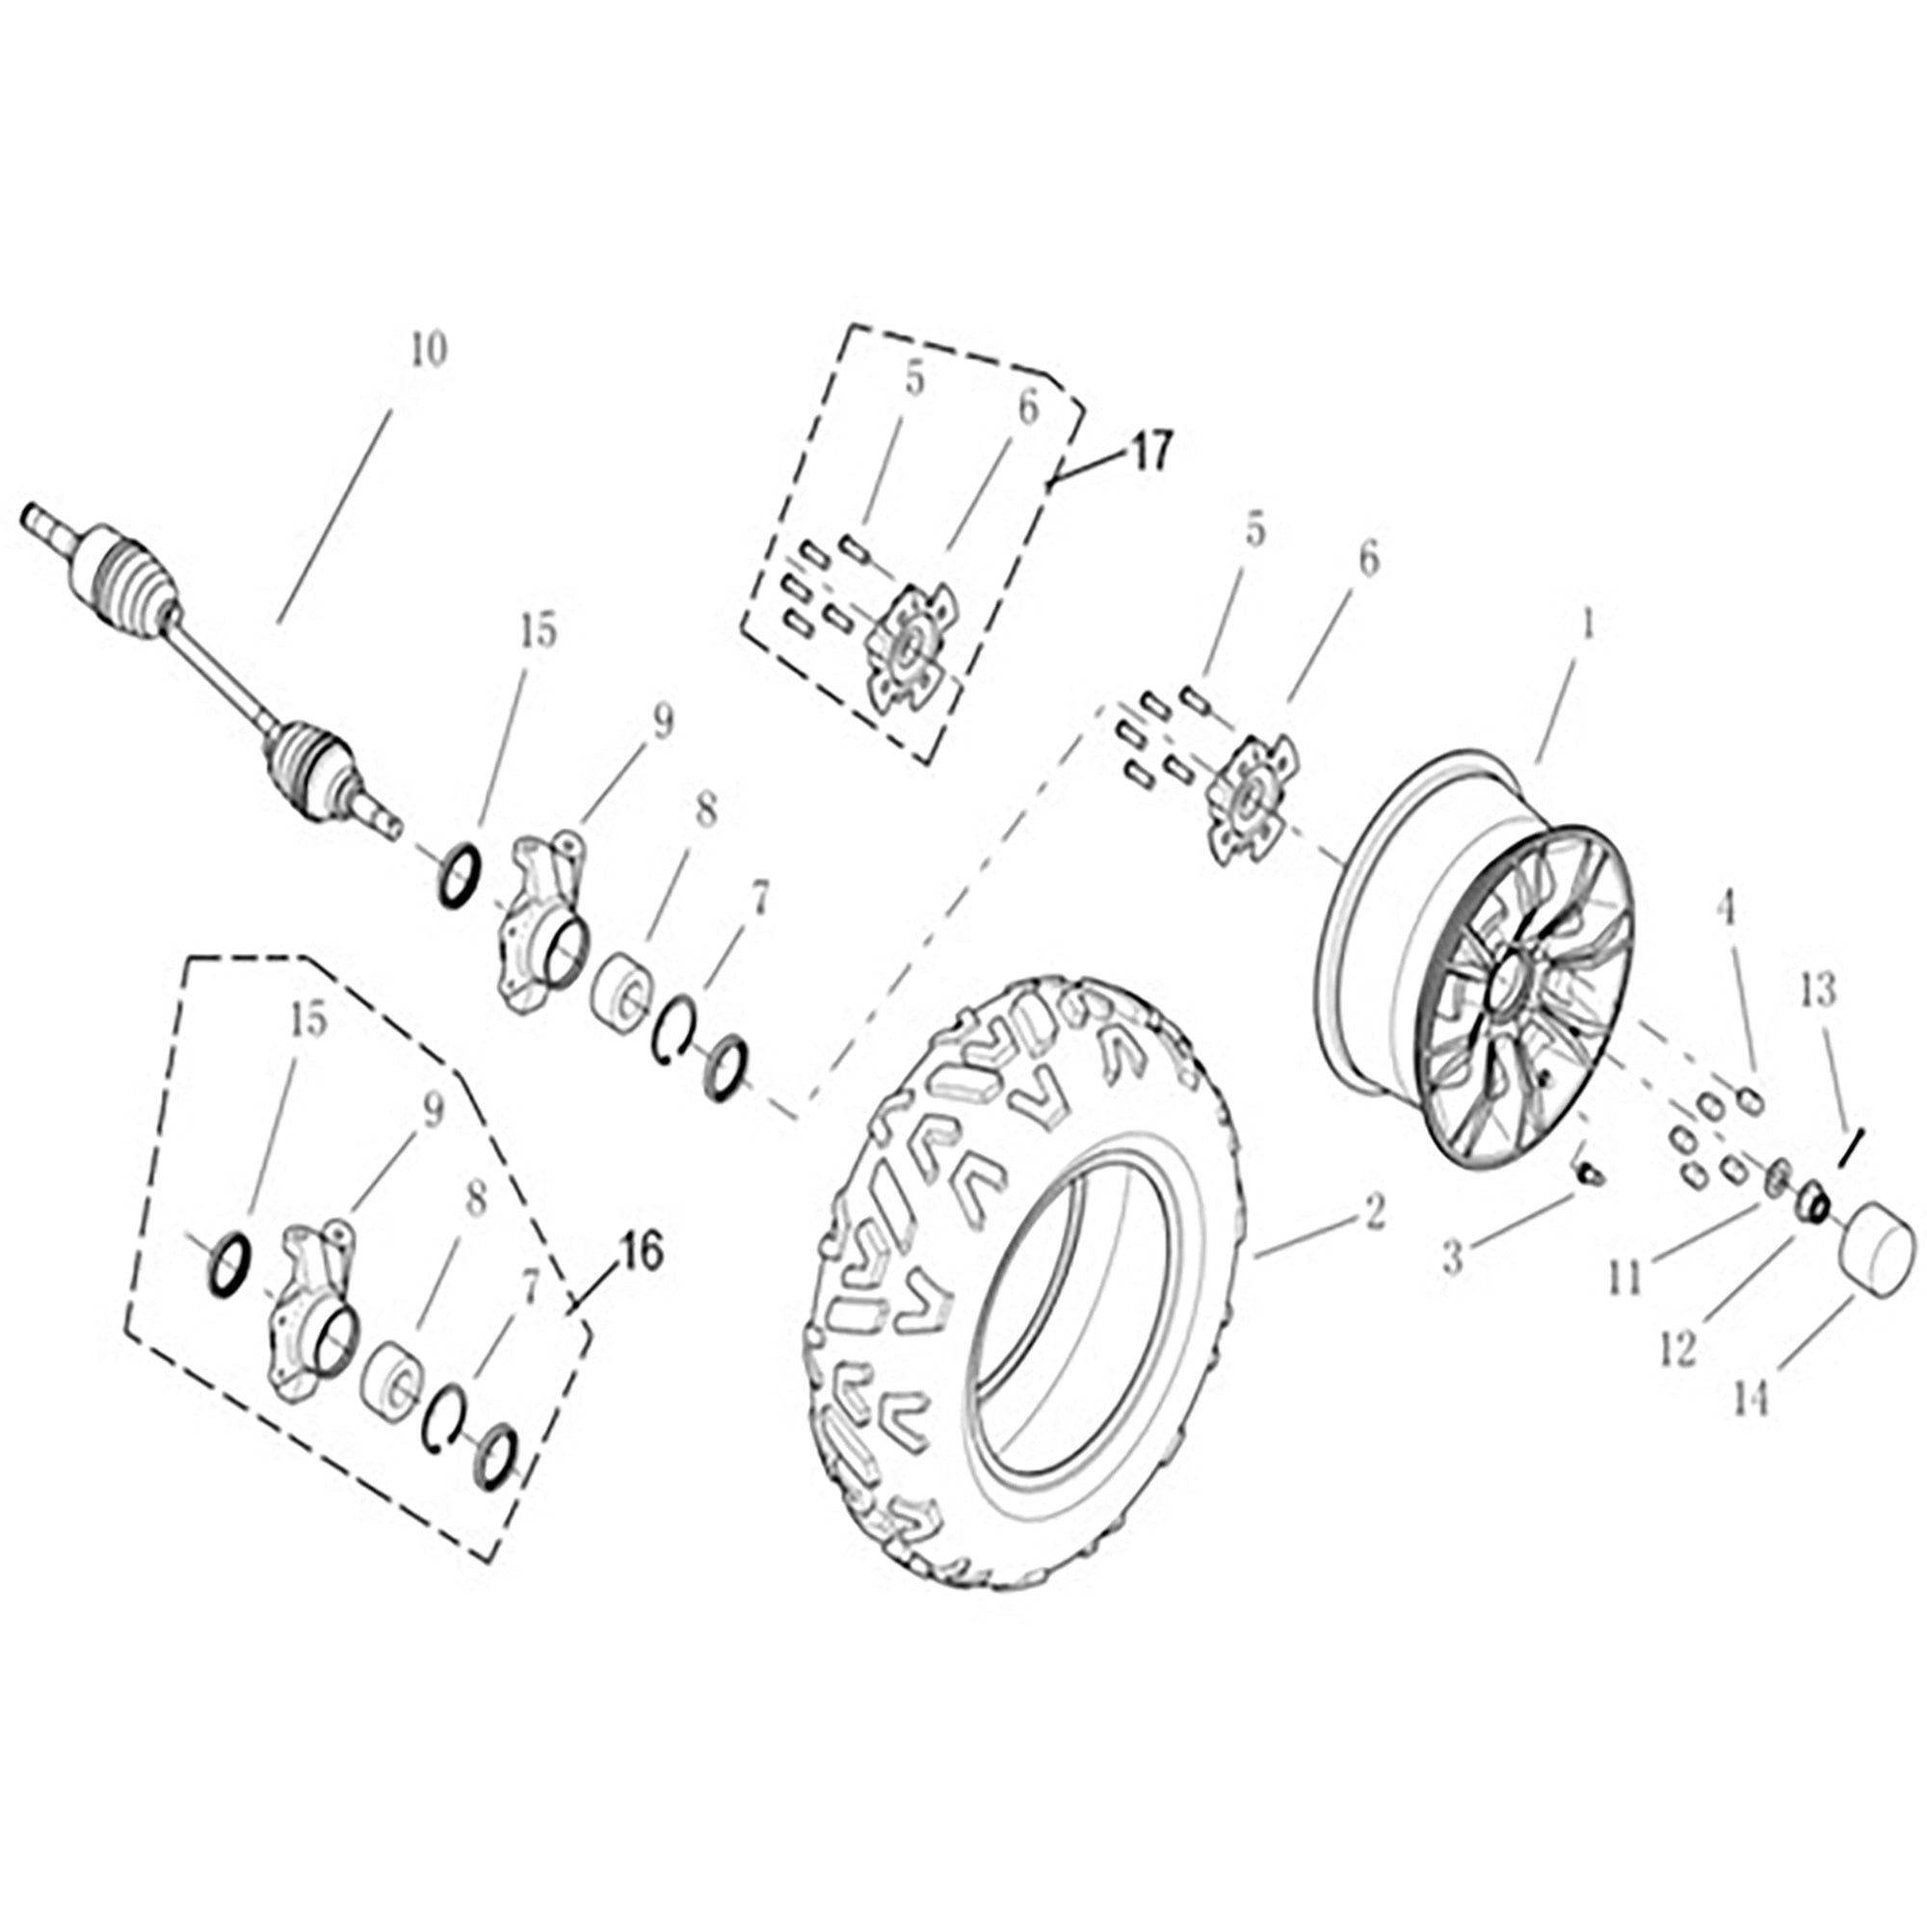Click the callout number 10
tap(429, 350)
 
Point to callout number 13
tap(1817, 990)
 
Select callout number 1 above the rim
tap(1586, 624)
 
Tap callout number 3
tap(1453, 1258)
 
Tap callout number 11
tap(1624, 1279)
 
